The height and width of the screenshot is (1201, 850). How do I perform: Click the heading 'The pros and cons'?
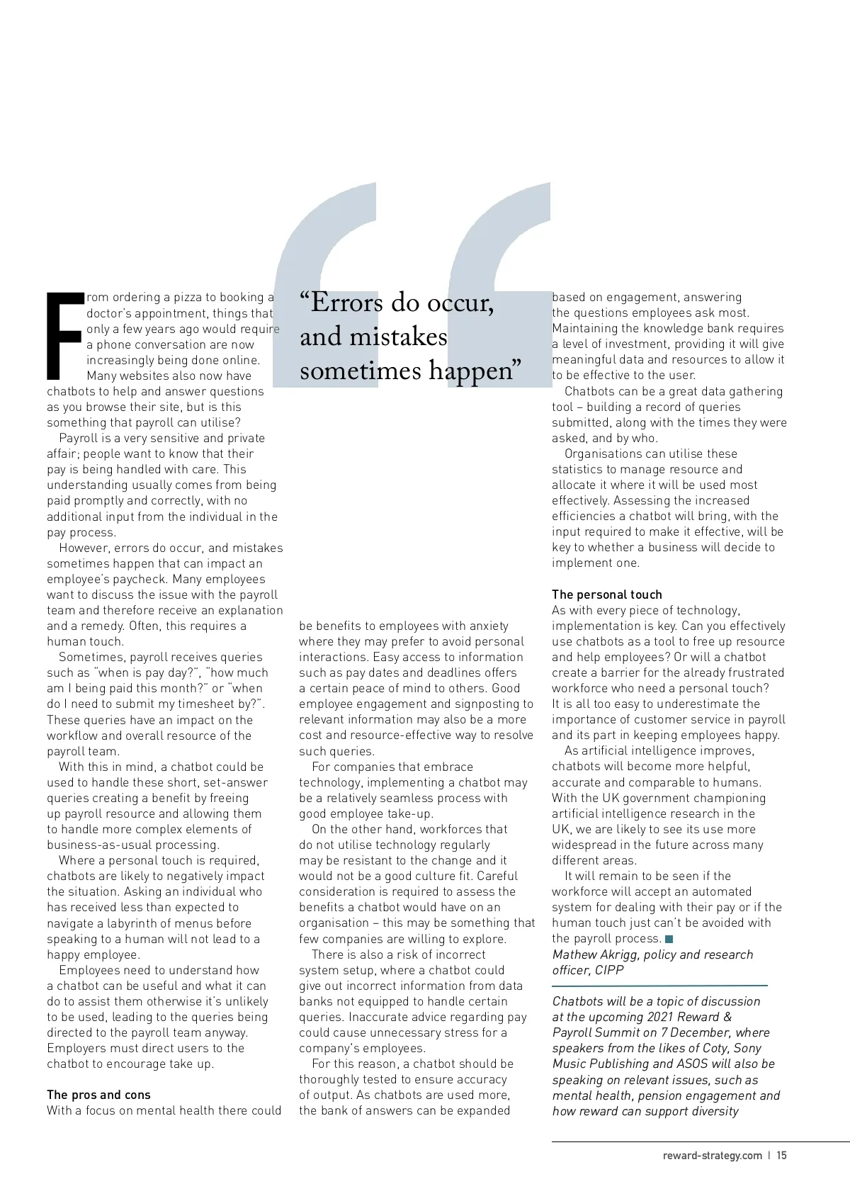[x=98, y=1095]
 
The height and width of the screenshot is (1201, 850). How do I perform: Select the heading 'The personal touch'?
[x=607, y=594]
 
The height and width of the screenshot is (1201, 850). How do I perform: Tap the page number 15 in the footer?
[x=781, y=1156]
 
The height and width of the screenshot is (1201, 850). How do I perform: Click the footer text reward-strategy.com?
[x=712, y=1156]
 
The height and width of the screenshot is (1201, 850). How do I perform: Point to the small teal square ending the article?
[x=669, y=939]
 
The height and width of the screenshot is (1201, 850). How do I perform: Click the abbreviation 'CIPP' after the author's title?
[x=609, y=970]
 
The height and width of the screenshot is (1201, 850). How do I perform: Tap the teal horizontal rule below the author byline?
[x=659, y=986]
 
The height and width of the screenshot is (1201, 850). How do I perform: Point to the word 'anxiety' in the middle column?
[x=484, y=626]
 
